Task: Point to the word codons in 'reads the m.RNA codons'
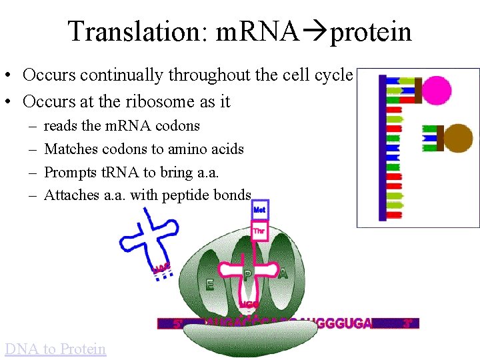[x=177, y=125]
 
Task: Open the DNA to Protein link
[x=55, y=349]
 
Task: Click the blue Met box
[x=259, y=209]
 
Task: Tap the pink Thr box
[x=259, y=231]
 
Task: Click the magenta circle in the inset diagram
[x=437, y=89]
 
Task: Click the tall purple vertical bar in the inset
[x=383, y=147]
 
